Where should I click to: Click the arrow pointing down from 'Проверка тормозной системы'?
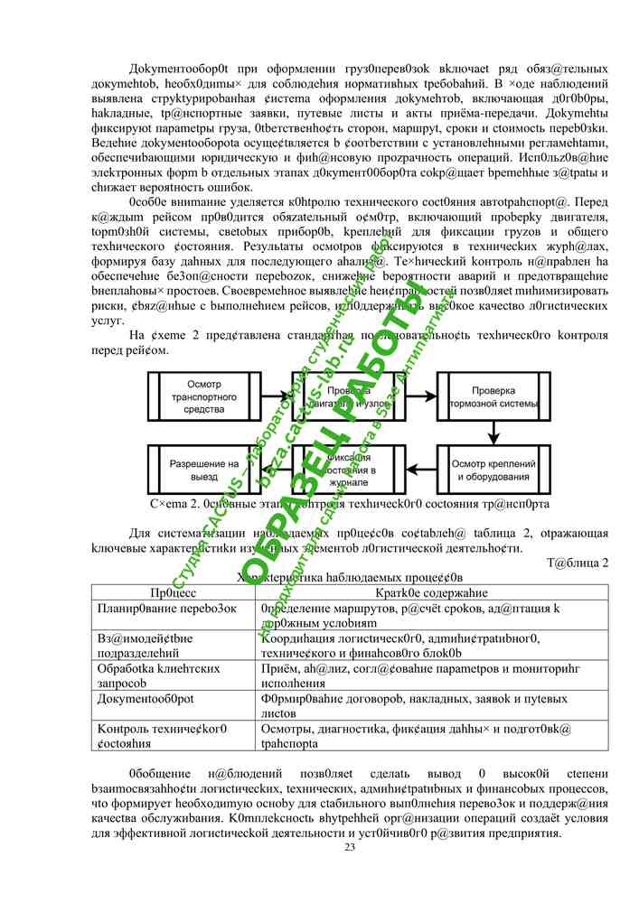[x=493, y=433]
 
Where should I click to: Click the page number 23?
[x=350, y=846]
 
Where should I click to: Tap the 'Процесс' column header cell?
[x=174, y=593]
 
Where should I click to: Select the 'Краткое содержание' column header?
[x=432, y=593]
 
